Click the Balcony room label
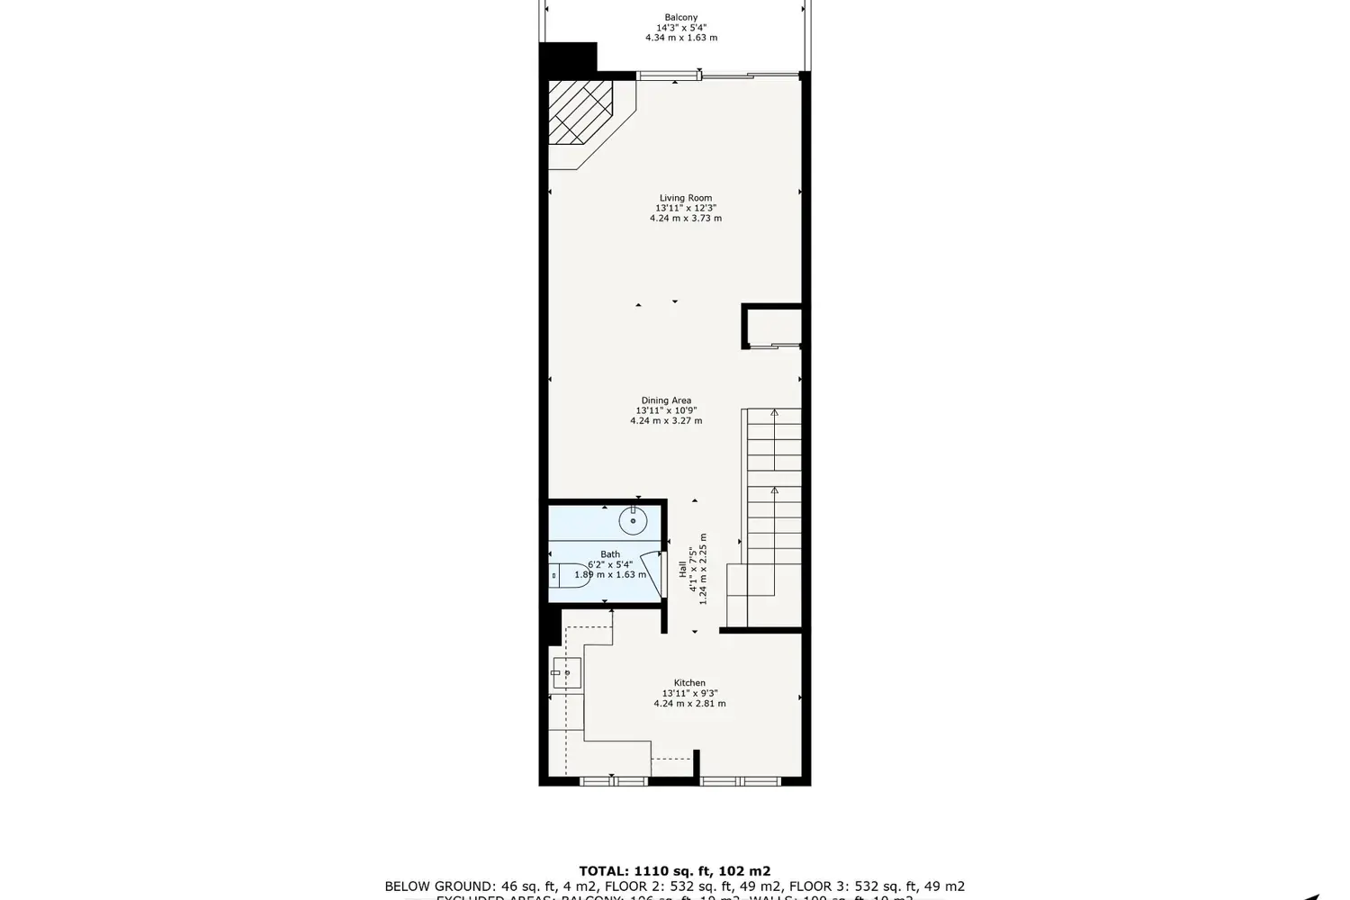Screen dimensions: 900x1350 point(680,17)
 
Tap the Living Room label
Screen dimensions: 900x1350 point(685,198)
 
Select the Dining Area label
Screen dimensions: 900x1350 point(666,400)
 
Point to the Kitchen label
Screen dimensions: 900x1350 point(689,683)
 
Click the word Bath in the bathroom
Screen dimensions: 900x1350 point(610,554)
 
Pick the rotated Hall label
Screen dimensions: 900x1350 point(683,569)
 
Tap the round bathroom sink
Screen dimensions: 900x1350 point(633,519)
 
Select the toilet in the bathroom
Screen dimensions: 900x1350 point(567,573)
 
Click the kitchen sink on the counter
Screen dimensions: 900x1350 point(567,671)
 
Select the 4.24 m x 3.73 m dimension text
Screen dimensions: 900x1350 point(685,219)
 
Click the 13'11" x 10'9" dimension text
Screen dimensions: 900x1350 point(666,410)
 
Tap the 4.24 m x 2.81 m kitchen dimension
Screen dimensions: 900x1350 point(689,704)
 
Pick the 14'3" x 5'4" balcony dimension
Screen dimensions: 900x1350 point(680,28)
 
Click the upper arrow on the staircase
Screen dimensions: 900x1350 point(775,414)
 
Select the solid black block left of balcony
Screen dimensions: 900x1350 point(567,57)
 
